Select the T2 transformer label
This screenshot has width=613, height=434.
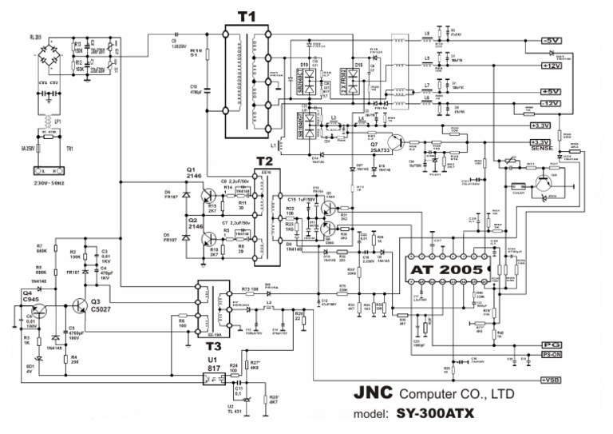(x=264, y=162)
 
